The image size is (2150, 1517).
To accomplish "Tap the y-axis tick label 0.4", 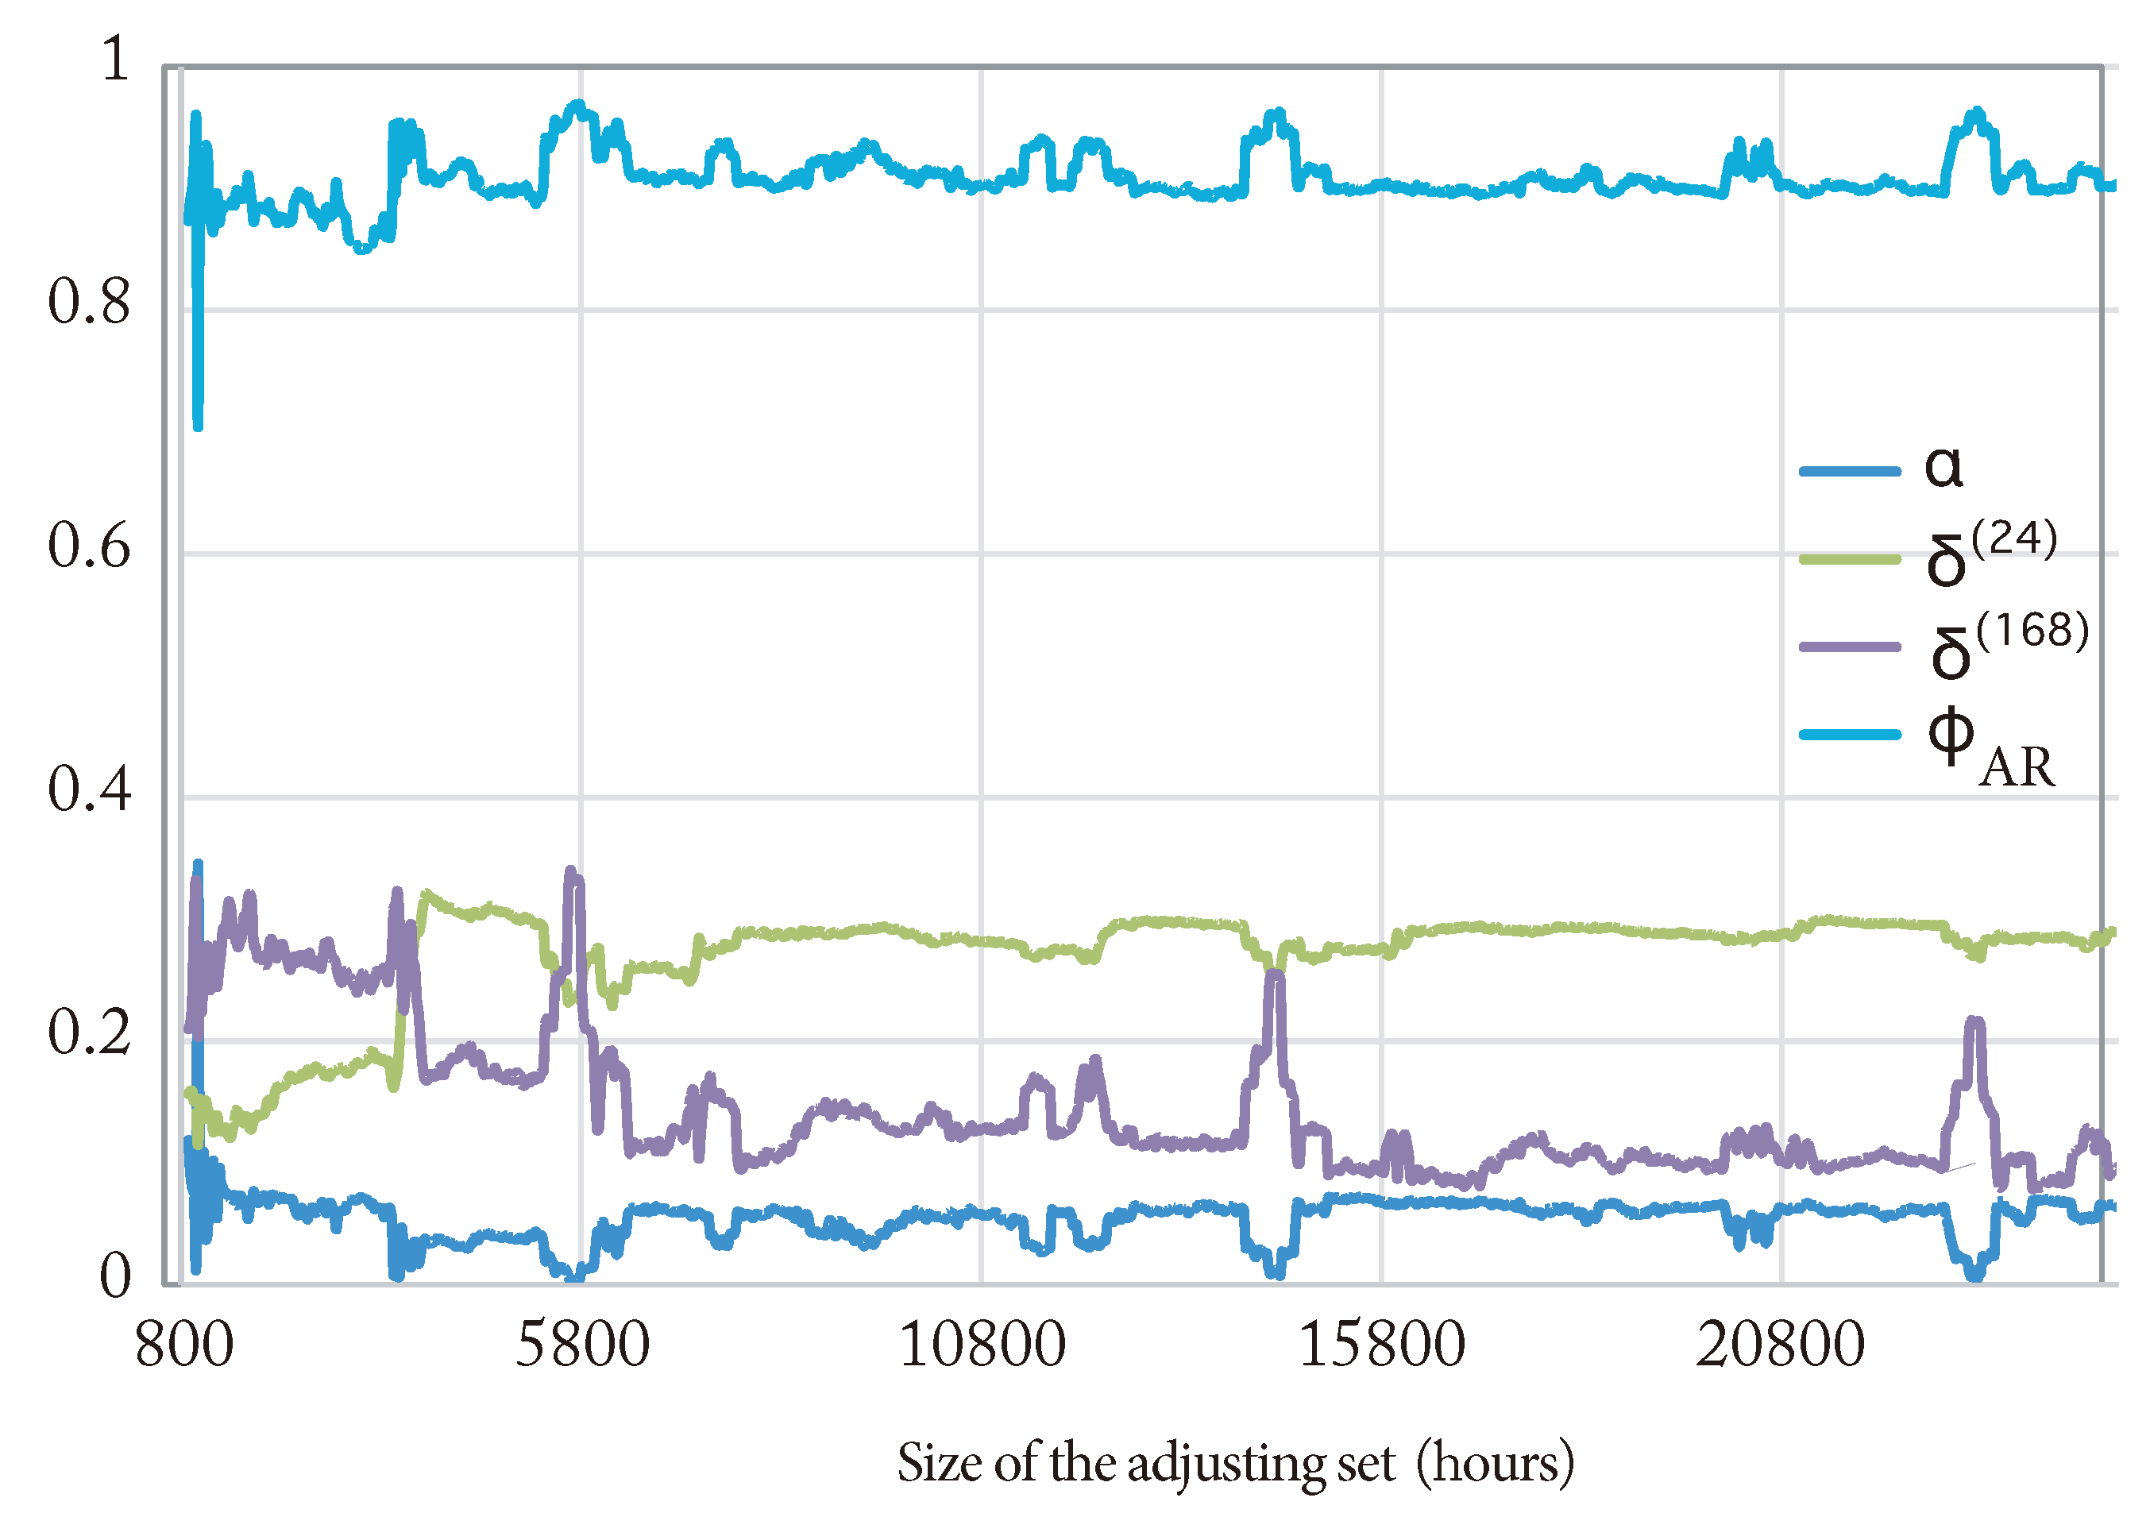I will [89, 789].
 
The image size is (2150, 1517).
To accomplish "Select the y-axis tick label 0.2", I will [89, 1033].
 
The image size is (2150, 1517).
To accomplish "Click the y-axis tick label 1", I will [115, 59].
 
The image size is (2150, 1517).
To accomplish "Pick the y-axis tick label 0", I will [115, 1276].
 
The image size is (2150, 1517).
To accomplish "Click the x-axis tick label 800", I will [184, 1346].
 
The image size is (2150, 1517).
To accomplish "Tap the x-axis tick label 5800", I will [581, 1346].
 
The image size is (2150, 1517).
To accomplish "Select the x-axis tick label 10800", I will [982, 1346].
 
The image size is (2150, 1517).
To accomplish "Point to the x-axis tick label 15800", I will [1381, 1346].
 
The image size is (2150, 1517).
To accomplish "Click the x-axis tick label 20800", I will [1780, 1346].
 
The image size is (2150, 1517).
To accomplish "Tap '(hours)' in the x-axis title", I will [1495, 1463].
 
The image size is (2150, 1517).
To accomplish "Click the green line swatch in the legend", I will [1850, 560].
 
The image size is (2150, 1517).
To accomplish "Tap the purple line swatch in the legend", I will [1850, 647].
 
